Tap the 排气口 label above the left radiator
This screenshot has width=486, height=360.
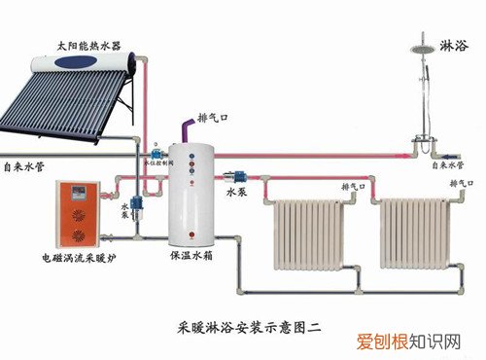point(355,184)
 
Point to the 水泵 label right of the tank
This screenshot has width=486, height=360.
point(239,192)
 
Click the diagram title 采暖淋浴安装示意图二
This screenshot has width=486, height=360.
point(243,317)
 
